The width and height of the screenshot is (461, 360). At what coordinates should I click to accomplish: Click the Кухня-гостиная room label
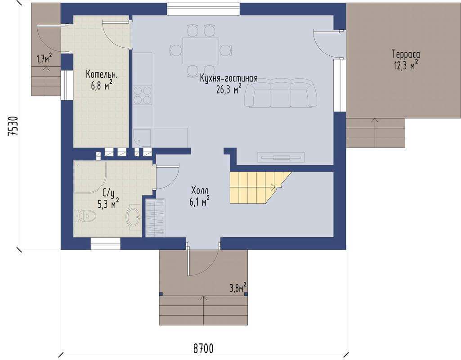[229, 79]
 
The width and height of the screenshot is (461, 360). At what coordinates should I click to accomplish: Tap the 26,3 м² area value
[229, 89]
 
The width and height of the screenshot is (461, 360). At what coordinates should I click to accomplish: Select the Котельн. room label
[102, 74]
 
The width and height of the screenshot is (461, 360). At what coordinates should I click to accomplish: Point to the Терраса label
[406, 54]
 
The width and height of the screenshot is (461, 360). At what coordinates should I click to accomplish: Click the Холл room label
[199, 189]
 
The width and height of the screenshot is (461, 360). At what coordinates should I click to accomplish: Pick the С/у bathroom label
[108, 193]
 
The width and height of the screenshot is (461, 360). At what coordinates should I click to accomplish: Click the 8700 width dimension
[203, 349]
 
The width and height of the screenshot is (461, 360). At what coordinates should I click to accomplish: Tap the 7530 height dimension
[13, 126]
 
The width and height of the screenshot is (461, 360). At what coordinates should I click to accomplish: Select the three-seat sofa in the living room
[281, 93]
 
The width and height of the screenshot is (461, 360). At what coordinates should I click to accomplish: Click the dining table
[201, 51]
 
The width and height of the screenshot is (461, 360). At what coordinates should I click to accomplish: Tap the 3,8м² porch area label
[238, 288]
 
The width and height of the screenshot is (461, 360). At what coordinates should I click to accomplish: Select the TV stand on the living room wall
[281, 157]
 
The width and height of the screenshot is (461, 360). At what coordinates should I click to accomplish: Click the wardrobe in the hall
[155, 218]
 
